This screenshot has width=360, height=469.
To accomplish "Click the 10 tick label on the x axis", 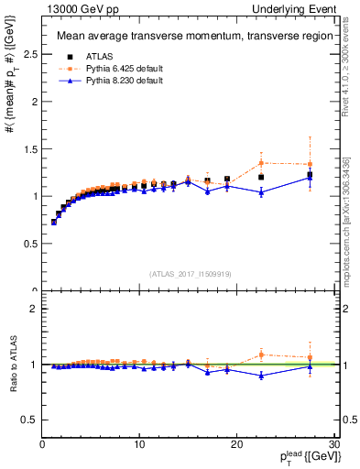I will coord(139,444).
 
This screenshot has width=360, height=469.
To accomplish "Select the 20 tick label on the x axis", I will coord(236,444).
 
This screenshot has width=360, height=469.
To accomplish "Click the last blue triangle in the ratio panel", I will coord(310,366).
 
